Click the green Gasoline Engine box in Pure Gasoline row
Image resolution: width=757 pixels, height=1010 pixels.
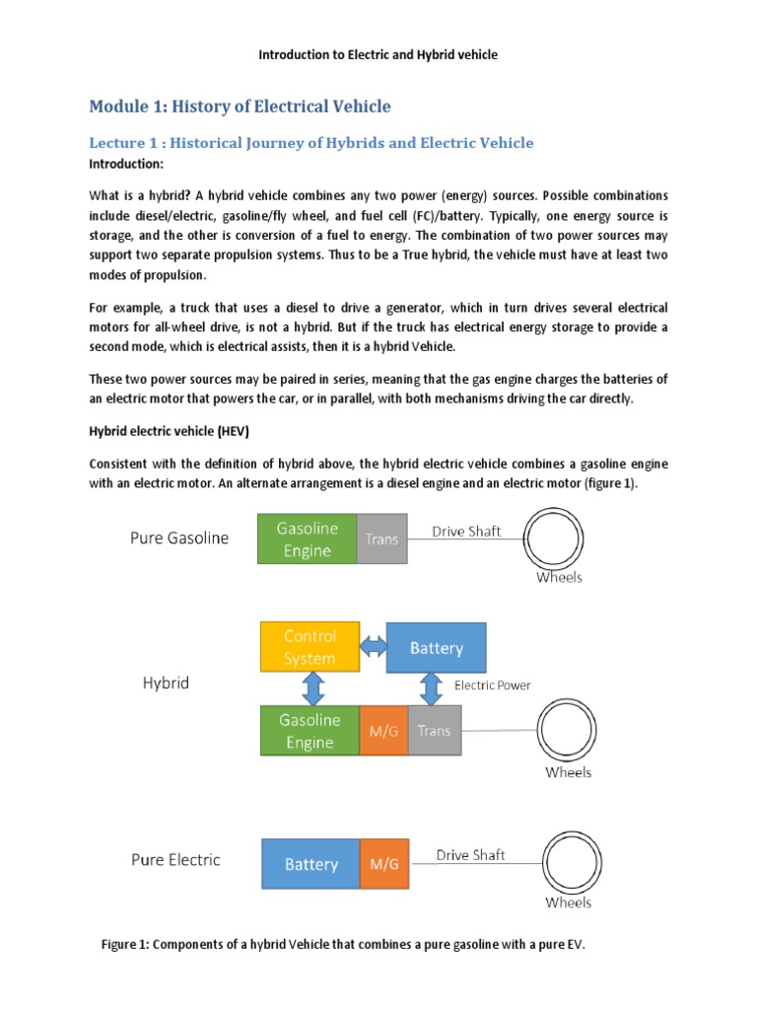(308, 540)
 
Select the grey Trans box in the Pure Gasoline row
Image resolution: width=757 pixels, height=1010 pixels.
(381, 540)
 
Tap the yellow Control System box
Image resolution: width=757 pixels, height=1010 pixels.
(310, 647)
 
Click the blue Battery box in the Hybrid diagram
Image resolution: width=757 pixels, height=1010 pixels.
(436, 648)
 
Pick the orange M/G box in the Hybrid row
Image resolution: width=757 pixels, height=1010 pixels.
(383, 731)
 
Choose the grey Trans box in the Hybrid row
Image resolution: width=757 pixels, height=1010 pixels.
(434, 731)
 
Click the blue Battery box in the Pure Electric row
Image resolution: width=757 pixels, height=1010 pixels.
(310, 864)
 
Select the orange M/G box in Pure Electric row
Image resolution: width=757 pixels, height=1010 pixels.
(383, 864)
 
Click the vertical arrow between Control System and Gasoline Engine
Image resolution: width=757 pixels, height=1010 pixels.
(311, 688)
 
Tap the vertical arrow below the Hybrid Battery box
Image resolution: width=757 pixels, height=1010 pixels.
(431, 688)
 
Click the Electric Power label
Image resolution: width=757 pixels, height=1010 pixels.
(492, 685)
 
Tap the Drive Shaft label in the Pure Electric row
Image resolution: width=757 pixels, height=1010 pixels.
(469, 855)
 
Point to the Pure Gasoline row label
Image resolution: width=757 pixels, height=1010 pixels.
(179, 539)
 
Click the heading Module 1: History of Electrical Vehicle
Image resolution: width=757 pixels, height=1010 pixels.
(240, 107)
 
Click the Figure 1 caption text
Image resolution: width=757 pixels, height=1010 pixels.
(343, 945)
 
